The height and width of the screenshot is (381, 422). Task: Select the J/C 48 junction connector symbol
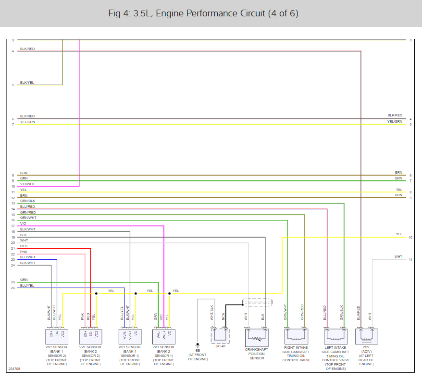[220, 335]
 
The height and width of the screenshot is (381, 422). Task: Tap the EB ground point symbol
[198, 344]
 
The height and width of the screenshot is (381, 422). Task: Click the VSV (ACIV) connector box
[366, 335]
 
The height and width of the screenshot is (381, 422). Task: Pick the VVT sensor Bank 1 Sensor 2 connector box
[57, 335]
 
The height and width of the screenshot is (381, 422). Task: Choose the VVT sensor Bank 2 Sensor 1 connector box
[163, 335]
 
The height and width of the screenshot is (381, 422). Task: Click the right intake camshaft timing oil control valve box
[296, 335]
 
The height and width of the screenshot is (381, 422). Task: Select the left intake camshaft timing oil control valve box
[335, 335]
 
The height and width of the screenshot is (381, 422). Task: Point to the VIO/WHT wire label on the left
[27, 184]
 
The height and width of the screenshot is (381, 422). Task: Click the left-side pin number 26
[13, 288]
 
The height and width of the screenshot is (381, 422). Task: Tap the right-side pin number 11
[410, 260]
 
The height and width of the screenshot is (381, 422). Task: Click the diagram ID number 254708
[14, 369]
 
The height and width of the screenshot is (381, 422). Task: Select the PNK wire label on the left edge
[24, 252]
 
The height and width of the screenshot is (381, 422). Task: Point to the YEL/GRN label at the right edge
[395, 122]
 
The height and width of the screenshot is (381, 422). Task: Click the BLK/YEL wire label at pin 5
[27, 83]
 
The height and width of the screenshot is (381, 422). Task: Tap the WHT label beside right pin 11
[398, 257]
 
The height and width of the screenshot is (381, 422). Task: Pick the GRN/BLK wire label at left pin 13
[27, 201]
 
